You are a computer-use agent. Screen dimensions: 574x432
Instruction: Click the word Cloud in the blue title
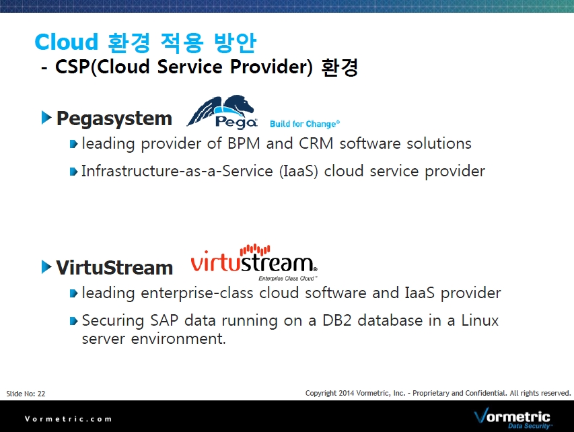(x=66, y=42)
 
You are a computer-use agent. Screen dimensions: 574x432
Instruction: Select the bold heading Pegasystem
(x=114, y=119)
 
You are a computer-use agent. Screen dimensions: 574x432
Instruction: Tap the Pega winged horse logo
(x=222, y=112)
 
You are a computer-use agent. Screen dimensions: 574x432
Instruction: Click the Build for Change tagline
(x=305, y=124)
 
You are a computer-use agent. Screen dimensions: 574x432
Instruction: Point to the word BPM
(x=244, y=143)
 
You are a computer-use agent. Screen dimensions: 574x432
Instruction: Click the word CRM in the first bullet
(x=316, y=143)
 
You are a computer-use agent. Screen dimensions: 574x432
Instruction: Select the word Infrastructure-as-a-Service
(x=177, y=171)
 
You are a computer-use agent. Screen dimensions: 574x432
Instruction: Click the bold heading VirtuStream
(x=114, y=267)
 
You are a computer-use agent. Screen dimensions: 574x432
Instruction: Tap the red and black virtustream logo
(x=254, y=259)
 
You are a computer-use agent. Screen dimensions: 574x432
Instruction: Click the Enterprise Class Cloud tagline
(x=288, y=278)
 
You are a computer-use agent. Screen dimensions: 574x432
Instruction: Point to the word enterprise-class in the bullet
(x=197, y=293)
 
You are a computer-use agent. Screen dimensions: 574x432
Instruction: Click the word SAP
(x=164, y=320)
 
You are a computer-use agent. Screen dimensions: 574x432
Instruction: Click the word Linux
(x=480, y=320)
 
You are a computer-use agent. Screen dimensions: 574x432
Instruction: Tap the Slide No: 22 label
(x=26, y=394)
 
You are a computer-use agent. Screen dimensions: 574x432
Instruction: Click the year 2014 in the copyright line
(x=347, y=393)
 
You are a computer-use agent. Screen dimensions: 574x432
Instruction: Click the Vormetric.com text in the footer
(x=68, y=419)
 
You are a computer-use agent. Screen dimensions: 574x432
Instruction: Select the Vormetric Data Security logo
(x=513, y=418)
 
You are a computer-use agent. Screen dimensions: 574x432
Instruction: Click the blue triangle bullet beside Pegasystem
(x=46, y=118)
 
